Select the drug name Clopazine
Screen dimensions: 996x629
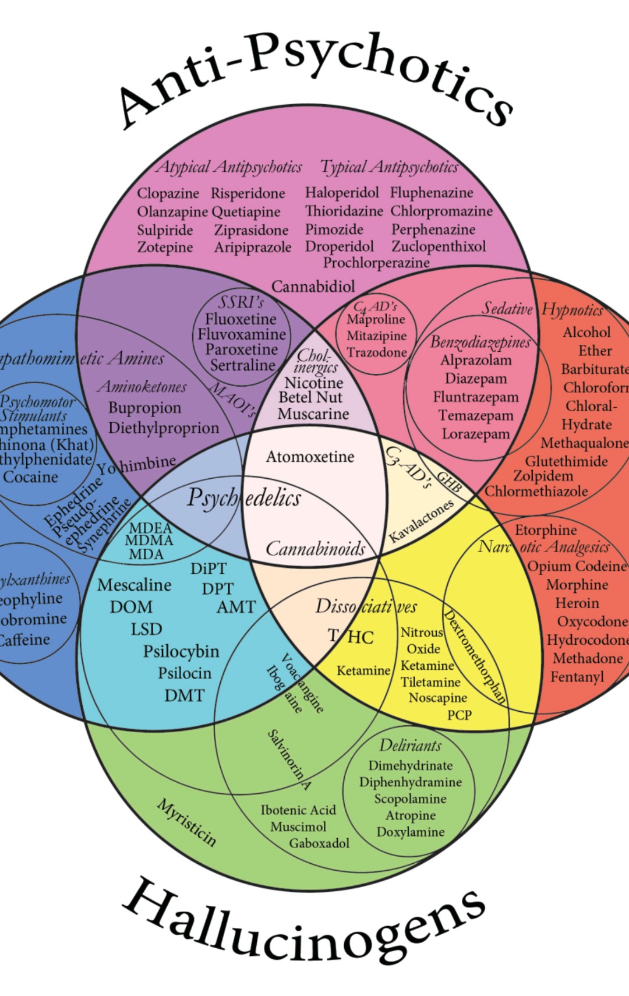[168, 193]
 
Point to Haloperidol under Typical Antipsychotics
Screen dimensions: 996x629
[342, 192]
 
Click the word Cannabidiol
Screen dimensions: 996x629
[313, 287]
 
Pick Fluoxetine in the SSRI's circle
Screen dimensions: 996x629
[241, 319]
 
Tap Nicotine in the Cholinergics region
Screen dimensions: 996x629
[314, 383]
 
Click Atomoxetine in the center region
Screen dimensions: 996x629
[310, 457]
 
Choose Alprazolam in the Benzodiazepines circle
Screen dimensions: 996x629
[475, 361]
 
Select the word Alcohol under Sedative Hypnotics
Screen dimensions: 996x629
[586, 333]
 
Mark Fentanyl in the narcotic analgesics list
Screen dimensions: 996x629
[577, 677]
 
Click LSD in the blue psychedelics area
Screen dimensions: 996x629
[146, 629]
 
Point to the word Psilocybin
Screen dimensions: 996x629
[181, 651]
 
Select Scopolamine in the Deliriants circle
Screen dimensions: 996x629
[410, 799]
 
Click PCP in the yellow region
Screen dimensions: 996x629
[459, 715]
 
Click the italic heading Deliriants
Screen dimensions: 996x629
[410, 746]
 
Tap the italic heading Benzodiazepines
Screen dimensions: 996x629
[480, 342]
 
